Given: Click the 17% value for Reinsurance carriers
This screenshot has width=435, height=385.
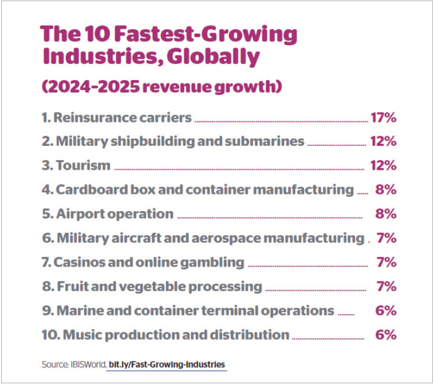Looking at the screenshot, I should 383,118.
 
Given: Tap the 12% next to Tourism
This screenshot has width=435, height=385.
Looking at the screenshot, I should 383,165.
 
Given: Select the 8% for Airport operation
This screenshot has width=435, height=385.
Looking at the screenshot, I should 386,214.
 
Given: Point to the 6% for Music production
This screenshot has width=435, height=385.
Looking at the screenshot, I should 386,335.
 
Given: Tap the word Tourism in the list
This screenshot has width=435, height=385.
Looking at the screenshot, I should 83,165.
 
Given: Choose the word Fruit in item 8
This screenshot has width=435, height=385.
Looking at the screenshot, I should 69,287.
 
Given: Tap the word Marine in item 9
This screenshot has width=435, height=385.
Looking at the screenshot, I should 77,311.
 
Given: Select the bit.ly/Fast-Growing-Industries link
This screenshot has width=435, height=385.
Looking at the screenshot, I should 167,364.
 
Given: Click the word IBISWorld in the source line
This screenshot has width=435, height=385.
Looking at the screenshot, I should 87,364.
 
